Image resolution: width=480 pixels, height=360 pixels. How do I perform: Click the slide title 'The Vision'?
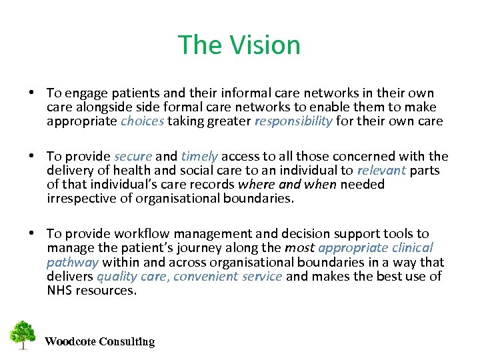(x=239, y=45)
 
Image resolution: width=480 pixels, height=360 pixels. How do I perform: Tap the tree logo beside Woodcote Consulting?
(x=23, y=335)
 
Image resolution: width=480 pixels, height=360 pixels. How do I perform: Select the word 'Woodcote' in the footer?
(x=70, y=342)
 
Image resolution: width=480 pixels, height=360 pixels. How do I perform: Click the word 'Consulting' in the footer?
(x=127, y=342)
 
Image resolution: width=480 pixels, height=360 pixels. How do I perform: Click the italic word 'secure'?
(x=133, y=157)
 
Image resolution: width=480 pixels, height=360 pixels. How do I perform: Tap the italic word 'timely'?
(x=199, y=157)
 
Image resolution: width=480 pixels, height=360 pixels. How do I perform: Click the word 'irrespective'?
(x=81, y=198)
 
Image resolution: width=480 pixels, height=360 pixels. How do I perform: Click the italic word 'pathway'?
(x=73, y=262)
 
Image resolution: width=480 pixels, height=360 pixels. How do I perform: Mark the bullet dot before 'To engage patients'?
(x=33, y=93)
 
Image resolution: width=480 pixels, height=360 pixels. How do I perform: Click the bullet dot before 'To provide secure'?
(x=33, y=157)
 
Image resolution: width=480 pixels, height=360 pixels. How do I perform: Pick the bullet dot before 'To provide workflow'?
(x=33, y=233)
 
